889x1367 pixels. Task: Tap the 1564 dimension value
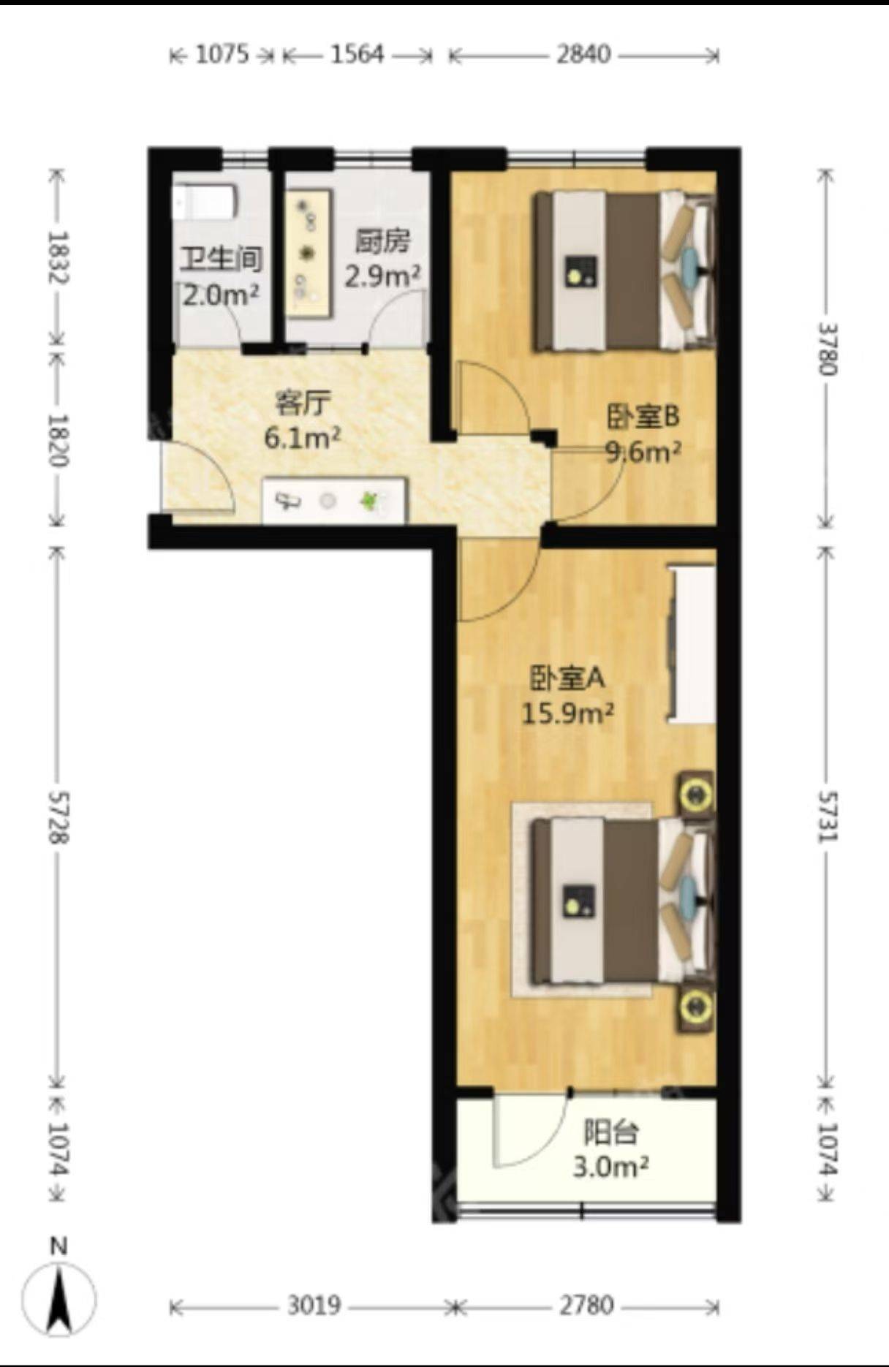tap(357, 55)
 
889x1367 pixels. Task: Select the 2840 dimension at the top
tap(583, 55)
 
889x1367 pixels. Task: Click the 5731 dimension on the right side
tap(826, 816)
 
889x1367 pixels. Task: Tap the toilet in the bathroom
tap(205, 202)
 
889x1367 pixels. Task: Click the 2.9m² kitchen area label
tap(382, 276)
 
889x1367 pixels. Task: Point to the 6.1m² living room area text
tap(302, 438)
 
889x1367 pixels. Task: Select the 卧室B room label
tap(643, 417)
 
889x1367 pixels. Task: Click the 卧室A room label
tap(567, 679)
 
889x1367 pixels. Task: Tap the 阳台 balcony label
tap(611, 1132)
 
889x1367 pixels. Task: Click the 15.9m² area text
tap(567, 713)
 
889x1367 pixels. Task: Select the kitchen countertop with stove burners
tap(309, 253)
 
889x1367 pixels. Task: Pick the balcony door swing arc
tap(530, 1129)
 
